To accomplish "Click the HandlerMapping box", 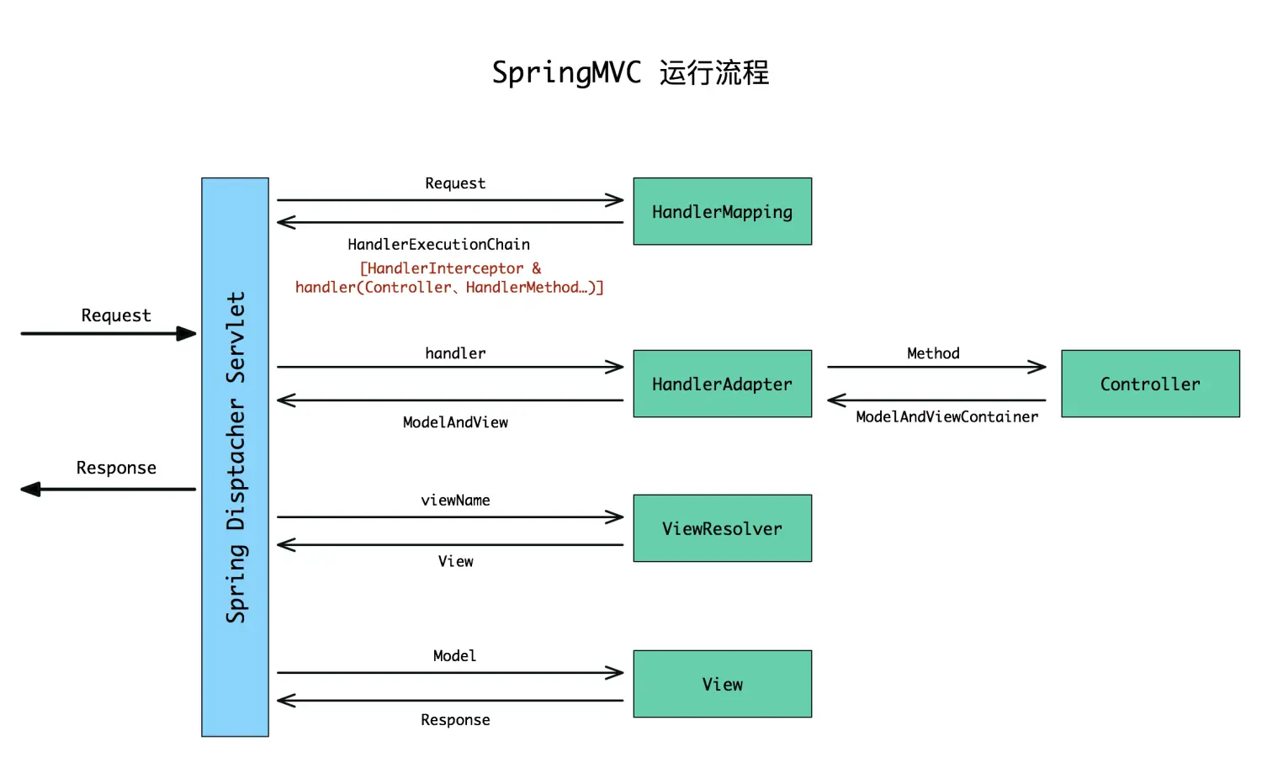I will [722, 211].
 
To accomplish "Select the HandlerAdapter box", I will [722, 384].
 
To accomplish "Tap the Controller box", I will [1150, 384].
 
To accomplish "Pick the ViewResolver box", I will [722, 528].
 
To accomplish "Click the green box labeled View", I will [722, 684].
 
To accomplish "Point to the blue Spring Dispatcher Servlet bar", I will [235, 457].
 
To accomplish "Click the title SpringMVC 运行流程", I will [630, 72].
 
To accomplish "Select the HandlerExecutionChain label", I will [438, 245].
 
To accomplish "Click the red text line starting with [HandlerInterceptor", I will [450, 268].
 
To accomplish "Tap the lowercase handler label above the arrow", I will [455, 353].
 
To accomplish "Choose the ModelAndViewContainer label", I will [946, 417].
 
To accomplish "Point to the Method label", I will [933, 353].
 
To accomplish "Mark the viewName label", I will [455, 501].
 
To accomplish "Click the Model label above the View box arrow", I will [454, 656].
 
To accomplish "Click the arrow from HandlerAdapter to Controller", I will [936, 367].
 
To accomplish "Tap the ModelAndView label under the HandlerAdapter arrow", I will [455, 422].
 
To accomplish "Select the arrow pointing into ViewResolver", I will [450, 517].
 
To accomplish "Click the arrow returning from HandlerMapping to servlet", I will [450, 222].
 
